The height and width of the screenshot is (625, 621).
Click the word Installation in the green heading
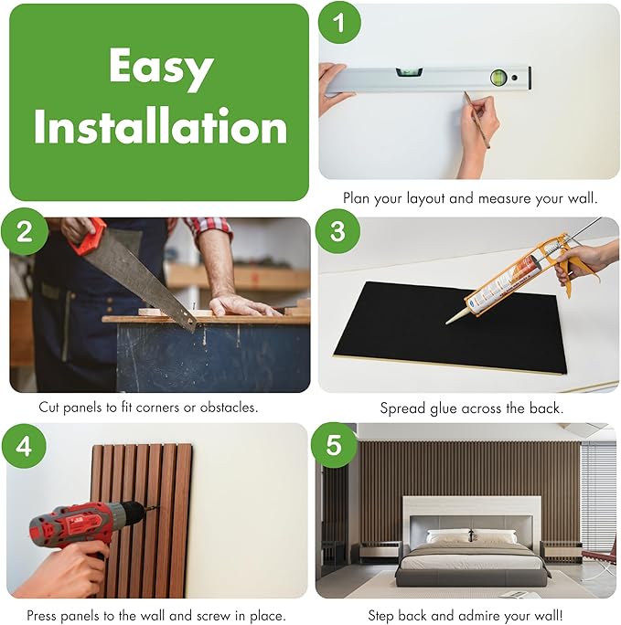click(160, 126)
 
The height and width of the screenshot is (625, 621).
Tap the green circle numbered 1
click(339, 23)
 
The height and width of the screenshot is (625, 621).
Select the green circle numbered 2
click(25, 231)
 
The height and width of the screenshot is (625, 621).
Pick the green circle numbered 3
click(337, 231)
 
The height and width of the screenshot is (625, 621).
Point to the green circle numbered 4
click(24, 446)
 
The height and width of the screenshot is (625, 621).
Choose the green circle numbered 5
click(334, 445)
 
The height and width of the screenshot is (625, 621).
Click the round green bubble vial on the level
click(498, 78)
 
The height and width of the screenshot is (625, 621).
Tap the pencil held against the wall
click(477, 120)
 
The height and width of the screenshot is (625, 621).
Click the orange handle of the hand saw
click(90, 238)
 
